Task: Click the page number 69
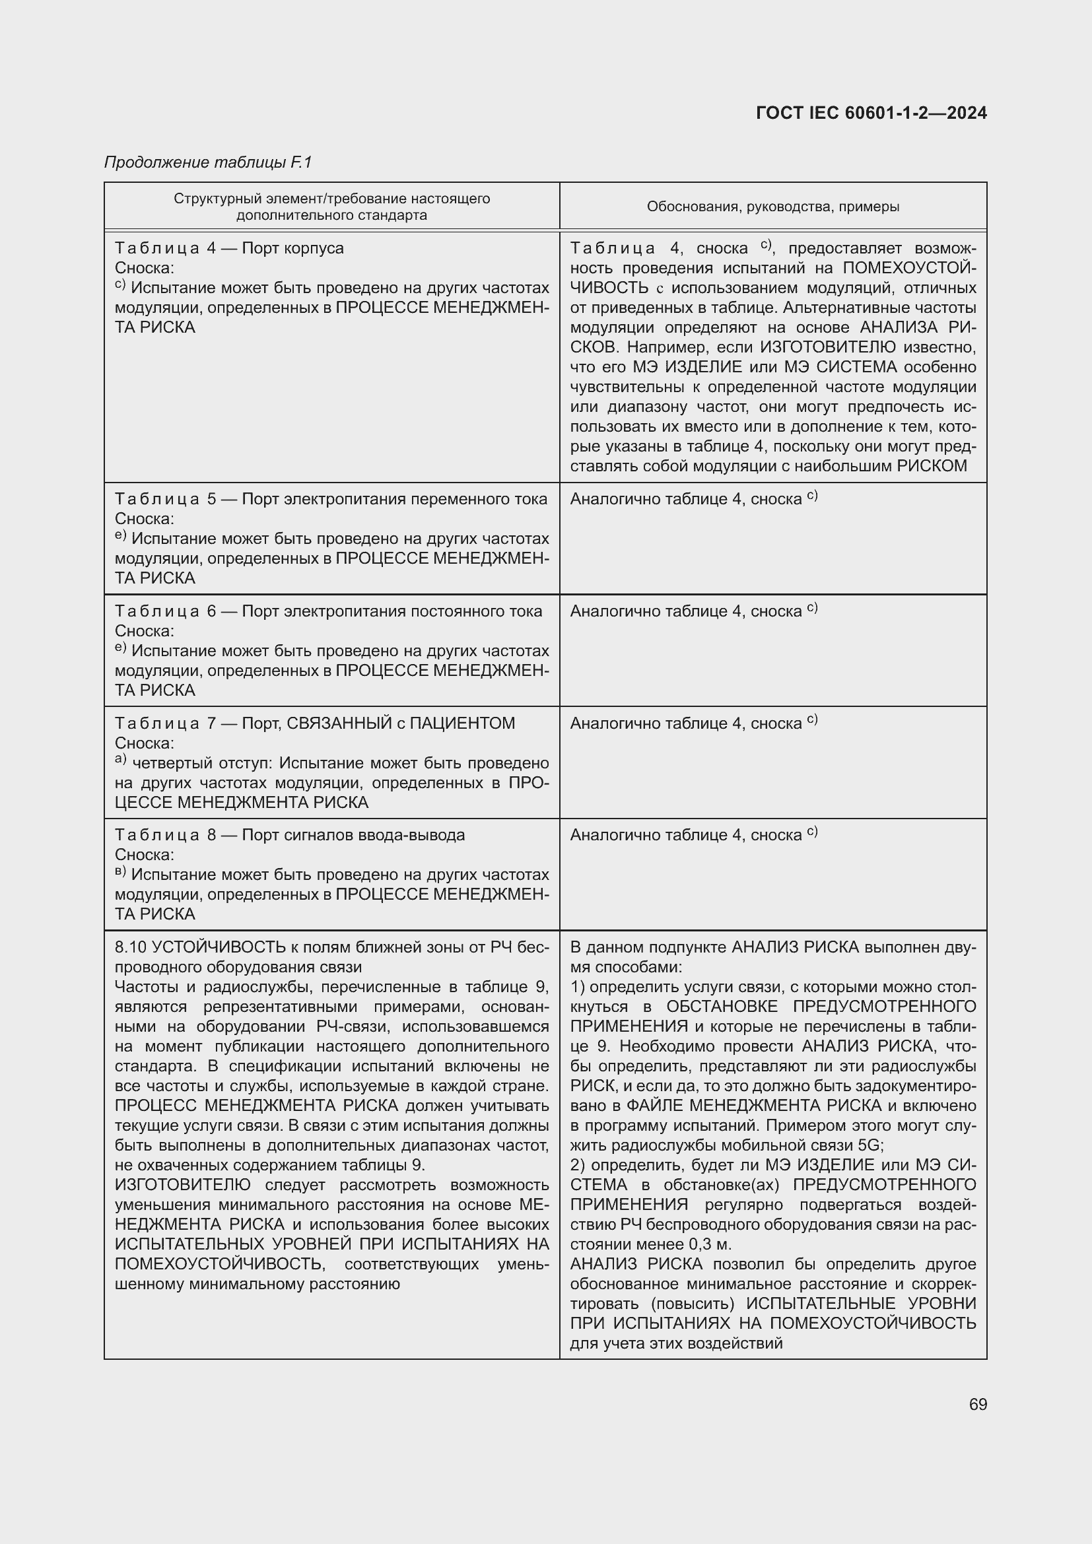[x=978, y=1405]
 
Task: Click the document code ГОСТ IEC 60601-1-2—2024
[x=871, y=113]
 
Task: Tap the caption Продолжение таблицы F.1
[x=208, y=162]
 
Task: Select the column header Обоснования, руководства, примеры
[x=772, y=207]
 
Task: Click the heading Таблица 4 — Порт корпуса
[x=228, y=248]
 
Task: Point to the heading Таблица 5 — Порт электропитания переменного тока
[x=330, y=499]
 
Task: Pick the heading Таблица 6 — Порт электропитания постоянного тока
[x=328, y=611]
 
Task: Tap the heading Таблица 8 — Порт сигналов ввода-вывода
[x=289, y=835]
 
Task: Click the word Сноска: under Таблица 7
[x=144, y=743]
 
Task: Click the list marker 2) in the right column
[x=578, y=1165]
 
